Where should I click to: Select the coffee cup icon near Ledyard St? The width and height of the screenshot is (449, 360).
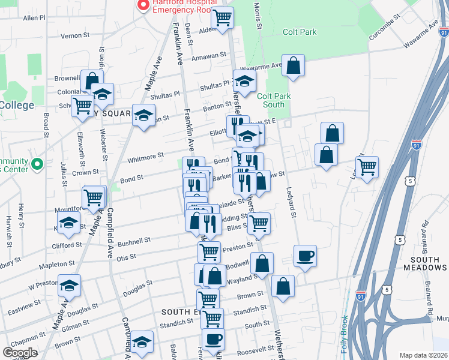click(x=305, y=256)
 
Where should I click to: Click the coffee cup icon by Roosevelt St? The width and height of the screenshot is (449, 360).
click(x=213, y=339)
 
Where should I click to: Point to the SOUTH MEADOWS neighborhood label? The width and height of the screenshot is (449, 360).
click(x=425, y=263)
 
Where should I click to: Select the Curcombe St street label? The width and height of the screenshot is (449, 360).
click(x=384, y=27)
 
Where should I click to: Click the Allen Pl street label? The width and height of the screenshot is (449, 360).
click(x=34, y=19)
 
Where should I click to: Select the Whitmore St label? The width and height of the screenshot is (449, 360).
click(x=146, y=156)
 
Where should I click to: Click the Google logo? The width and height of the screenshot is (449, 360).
click(x=20, y=353)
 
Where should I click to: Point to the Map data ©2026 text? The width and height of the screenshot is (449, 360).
click(x=423, y=355)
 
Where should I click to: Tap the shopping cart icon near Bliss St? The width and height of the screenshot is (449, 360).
click(x=259, y=223)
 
